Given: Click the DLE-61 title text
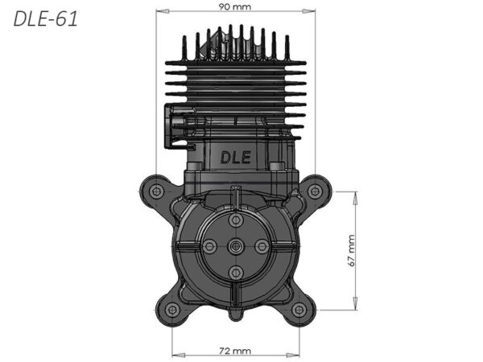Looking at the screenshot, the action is pos(45,19).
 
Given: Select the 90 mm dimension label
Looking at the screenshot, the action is pos(235,6).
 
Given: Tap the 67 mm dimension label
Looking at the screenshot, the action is pos(351,250).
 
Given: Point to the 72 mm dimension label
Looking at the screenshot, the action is pos(235,351).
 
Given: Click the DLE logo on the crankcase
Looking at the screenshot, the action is pos(236,158).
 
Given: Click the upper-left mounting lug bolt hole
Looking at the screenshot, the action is pos(156,191).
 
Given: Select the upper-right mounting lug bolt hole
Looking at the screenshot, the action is pos(315,191).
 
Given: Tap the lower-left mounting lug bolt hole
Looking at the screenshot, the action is pos(172,310).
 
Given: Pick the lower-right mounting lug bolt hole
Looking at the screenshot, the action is pos(299,310).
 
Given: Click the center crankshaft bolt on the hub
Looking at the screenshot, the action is pos(236,246).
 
